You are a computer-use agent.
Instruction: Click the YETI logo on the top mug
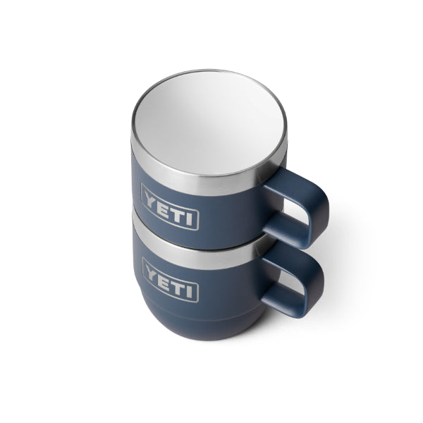pos(170,207)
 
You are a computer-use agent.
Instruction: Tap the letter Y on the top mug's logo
pos(150,197)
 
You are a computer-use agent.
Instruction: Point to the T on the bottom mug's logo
pos(179,286)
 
